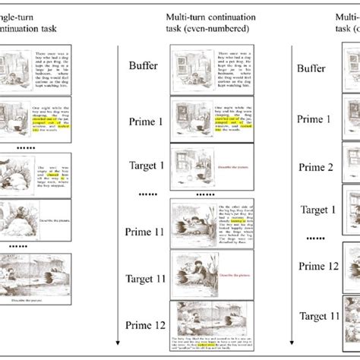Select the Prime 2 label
tap(314, 168)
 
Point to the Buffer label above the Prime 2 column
tap(311, 68)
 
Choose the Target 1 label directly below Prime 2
tap(314, 210)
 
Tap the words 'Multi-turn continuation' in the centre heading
tap(198, 16)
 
